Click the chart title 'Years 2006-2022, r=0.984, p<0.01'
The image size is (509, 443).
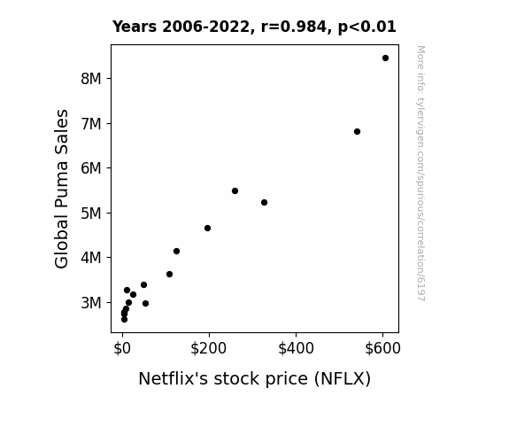pyautogui.click(x=254, y=27)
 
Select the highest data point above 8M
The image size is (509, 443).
pyautogui.click(x=385, y=58)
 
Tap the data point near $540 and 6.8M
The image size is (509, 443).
pyautogui.click(x=357, y=132)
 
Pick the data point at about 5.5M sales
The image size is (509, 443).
pyautogui.click(x=235, y=190)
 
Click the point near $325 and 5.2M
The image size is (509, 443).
pyautogui.click(x=265, y=203)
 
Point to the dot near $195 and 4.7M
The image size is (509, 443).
pyautogui.click(x=207, y=229)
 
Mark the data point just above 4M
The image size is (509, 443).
pyautogui.click(x=176, y=252)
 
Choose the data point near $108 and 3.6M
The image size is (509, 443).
pyautogui.click(x=169, y=275)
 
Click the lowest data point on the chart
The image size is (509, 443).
pyautogui.click(x=124, y=320)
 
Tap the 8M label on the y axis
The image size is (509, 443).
pyautogui.click(x=91, y=79)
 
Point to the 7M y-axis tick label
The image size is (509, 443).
pyautogui.click(x=91, y=124)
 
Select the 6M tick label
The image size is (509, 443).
pyautogui.click(x=91, y=168)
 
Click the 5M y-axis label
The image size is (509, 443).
pyautogui.click(x=91, y=214)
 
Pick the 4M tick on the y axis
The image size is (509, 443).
pyautogui.click(x=91, y=258)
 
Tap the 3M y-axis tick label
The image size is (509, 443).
pyautogui.click(x=91, y=303)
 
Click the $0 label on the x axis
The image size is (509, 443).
pyautogui.click(x=122, y=348)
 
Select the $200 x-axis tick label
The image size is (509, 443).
pyautogui.click(x=208, y=348)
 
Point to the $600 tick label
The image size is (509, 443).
pyautogui.click(x=382, y=348)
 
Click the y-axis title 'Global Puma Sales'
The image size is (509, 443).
pyautogui.click(x=61, y=189)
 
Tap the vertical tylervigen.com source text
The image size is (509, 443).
pyautogui.click(x=420, y=174)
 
